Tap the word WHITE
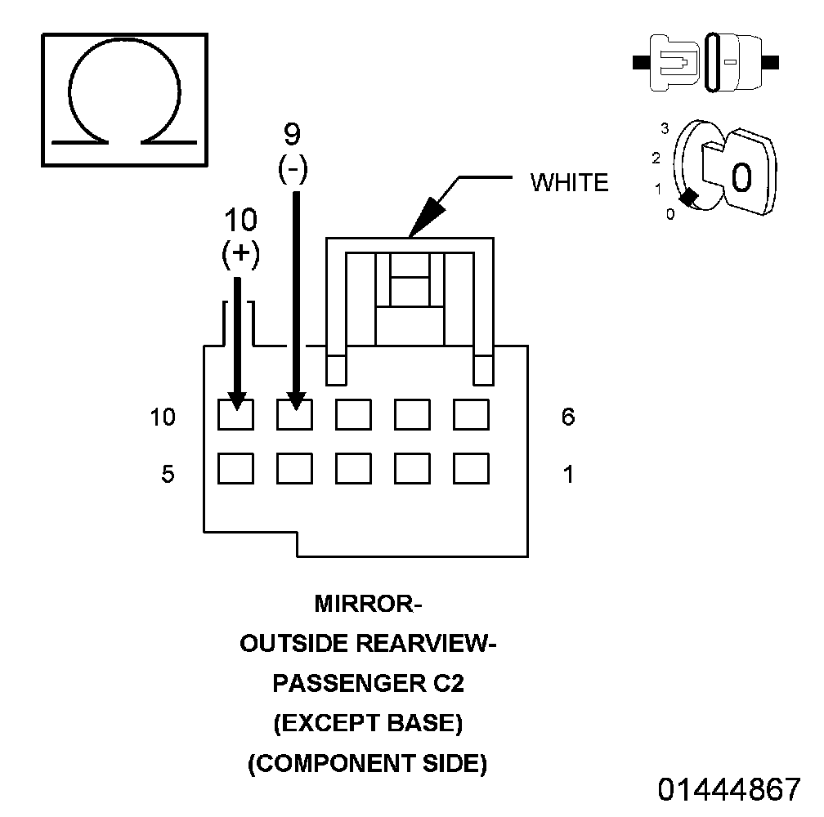click(x=570, y=183)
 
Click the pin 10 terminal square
click(x=235, y=414)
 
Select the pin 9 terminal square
click(x=294, y=414)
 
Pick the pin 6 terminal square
click(x=471, y=414)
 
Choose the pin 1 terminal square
click(x=471, y=468)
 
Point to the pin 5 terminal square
click(x=235, y=468)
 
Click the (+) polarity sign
click(x=240, y=253)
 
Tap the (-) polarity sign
click(x=293, y=169)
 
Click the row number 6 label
click(x=568, y=417)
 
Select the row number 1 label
click(x=568, y=474)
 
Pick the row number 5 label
click(x=168, y=474)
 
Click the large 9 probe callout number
click(x=293, y=133)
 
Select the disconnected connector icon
click(x=705, y=62)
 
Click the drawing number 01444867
click(x=729, y=789)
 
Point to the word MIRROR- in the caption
click(x=368, y=605)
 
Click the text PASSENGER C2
click(x=368, y=684)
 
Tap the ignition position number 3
click(x=665, y=128)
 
